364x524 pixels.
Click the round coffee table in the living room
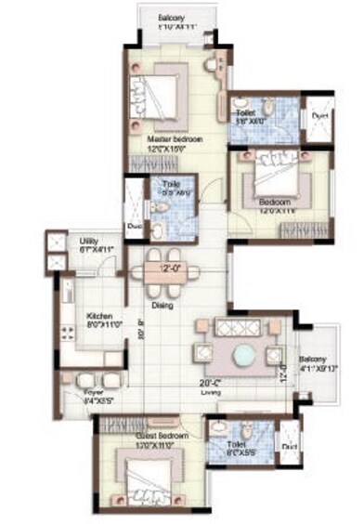(x=243, y=355)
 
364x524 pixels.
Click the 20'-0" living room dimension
(x=206, y=381)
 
